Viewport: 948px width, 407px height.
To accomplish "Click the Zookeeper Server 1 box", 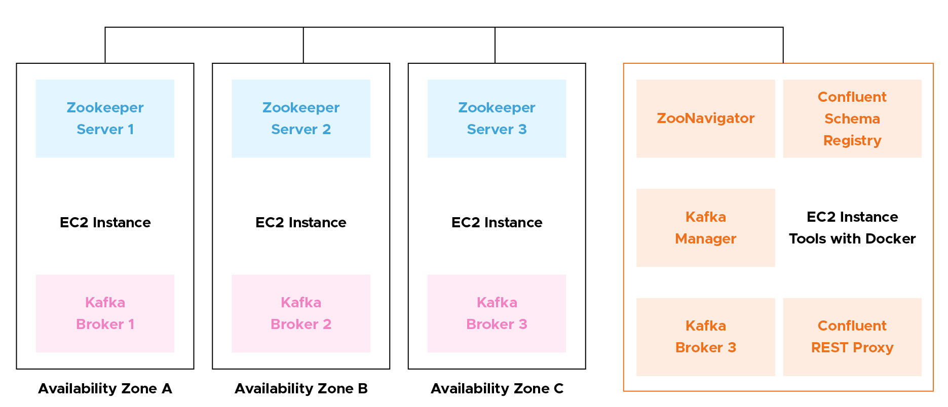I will click(x=105, y=118).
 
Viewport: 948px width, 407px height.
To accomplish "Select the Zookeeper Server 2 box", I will click(x=300, y=118).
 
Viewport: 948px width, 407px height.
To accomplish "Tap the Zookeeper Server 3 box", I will click(x=497, y=118).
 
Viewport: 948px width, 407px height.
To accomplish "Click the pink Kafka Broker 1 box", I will click(x=105, y=313).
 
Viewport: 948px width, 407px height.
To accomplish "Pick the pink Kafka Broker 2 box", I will click(x=300, y=313).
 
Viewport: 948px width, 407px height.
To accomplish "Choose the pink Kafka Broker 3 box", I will click(x=497, y=313).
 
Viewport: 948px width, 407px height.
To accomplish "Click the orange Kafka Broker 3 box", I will click(x=705, y=337).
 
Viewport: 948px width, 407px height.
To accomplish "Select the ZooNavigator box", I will click(x=705, y=118).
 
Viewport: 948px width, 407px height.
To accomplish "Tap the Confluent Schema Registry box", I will click(x=852, y=118).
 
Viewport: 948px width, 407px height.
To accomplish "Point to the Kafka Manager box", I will click(x=705, y=228).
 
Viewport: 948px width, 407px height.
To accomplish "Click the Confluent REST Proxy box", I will click(x=852, y=337).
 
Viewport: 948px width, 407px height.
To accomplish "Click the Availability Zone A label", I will click(x=105, y=389).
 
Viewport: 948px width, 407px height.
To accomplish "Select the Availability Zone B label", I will click(x=301, y=389).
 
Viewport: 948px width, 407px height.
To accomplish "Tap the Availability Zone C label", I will click(x=497, y=389).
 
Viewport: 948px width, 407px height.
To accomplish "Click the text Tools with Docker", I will click(x=852, y=239).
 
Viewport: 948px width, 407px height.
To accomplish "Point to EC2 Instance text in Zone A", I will click(x=105, y=223).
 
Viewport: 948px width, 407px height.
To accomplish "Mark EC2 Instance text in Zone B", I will click(x=300, y=223).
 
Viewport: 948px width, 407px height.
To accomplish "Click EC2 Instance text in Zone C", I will click(x=497, y=223).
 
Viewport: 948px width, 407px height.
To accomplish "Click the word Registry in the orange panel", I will click(x=852, y=141).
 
